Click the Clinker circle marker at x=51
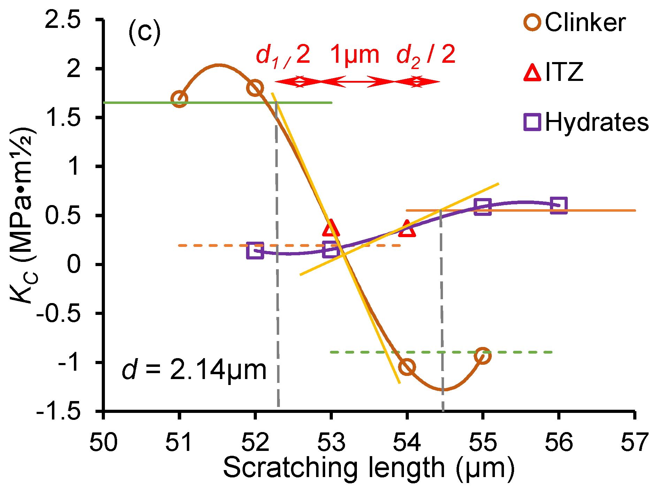tap(179, 99)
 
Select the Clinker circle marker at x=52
tap(255, 88)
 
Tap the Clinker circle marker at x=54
tap(407, 367)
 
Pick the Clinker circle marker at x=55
tap(482, 356)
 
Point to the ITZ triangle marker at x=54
tap(407, 229)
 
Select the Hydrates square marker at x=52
tap(255, 251)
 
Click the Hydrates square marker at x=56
tap(558, 205)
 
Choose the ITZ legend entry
tap(554, 72)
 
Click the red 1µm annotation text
tap(354, 55)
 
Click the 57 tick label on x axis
tap(634, 442)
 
